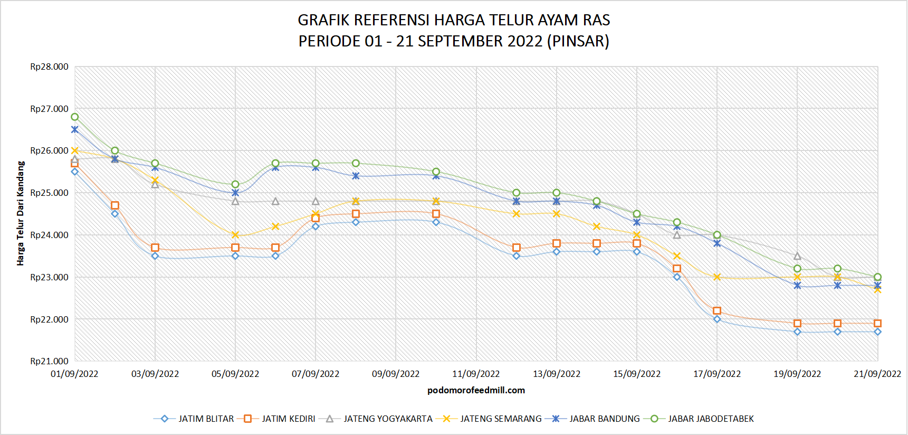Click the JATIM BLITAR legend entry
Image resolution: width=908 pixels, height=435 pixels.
(205, 419)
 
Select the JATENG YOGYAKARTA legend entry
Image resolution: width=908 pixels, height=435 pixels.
(387, 419)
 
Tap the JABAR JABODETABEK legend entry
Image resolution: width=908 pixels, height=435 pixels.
(710, 419)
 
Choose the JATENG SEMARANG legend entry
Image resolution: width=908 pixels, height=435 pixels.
(500, 419)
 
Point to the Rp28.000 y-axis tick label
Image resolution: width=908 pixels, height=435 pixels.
(49, 67)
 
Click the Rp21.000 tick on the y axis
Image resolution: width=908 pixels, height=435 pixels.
(49, 361)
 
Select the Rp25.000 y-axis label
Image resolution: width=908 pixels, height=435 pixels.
(49, 193)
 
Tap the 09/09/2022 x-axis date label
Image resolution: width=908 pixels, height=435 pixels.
(396, 374)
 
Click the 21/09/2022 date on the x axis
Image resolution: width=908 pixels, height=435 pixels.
(877, 374)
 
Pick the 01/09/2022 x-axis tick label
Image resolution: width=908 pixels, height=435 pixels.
(74, 374)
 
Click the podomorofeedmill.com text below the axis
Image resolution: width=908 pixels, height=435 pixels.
(476, 390)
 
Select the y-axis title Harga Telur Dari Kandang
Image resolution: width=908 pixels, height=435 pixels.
(21, 213)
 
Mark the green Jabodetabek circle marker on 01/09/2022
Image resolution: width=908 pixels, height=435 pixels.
(75, 117)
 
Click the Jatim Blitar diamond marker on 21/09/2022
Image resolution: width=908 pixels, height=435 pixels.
(877, 332)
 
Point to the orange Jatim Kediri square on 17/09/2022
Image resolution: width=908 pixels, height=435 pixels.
(717, 311)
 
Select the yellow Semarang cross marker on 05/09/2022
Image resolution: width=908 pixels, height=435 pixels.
(235, 235)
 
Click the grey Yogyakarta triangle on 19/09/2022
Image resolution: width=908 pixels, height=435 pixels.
(797, 256)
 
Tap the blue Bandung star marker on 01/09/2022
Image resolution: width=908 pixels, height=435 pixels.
(75, 129)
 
